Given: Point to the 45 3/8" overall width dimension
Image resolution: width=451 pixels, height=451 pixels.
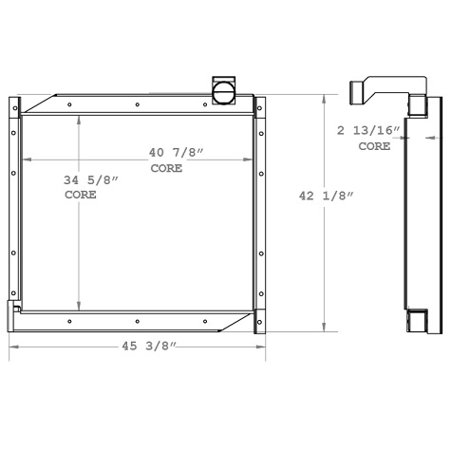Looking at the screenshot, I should pyautogui.click(x=139, y=348).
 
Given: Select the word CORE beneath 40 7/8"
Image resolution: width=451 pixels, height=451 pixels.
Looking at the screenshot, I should pyautogui.click(x=166, y=168).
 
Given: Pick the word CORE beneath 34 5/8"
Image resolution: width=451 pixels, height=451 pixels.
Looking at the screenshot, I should pyautogui.click(x=81, y=194).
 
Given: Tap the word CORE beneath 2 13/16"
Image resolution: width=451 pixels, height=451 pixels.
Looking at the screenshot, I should pyautogui.click(x=373, y=147).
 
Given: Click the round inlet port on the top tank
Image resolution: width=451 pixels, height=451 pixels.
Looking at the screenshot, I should pyautogui.click(x=224, y=91).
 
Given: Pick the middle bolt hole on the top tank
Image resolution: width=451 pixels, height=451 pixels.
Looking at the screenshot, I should pyautogui.click(x=138, y=104).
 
